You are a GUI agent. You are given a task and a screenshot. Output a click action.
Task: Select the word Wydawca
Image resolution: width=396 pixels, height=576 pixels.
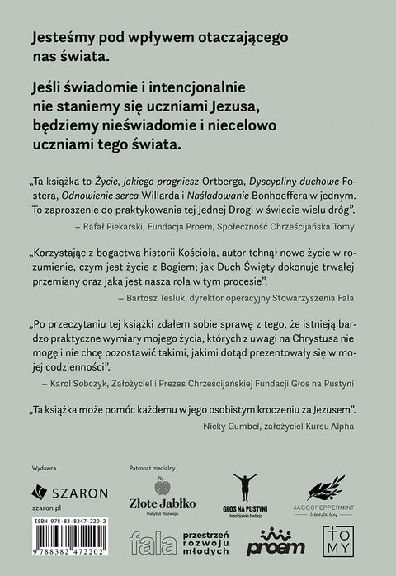[44, 466]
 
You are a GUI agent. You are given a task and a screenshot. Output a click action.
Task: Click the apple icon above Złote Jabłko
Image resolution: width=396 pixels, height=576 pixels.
[162, 487]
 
